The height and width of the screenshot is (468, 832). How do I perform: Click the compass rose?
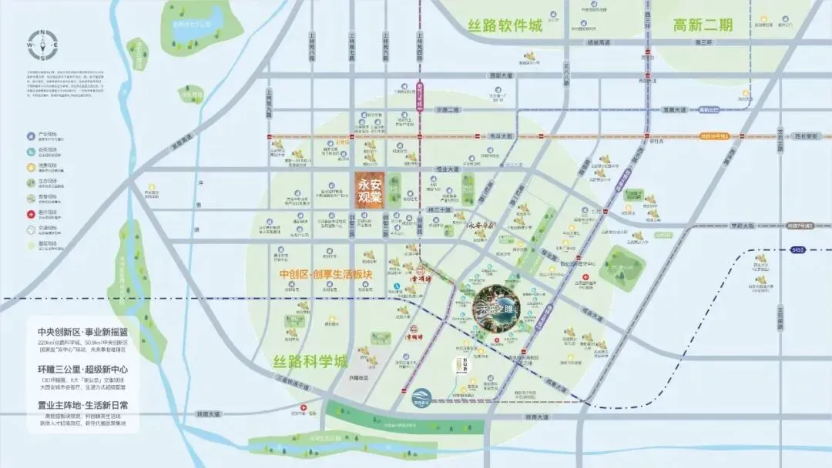coord(44,45)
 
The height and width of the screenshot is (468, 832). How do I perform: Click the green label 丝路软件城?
coord(505,26)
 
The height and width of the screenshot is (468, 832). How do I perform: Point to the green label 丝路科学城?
coord(310,360)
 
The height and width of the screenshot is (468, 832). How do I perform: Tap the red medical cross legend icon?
coord(31,215)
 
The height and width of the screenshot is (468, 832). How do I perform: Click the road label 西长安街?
coord(805,136)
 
